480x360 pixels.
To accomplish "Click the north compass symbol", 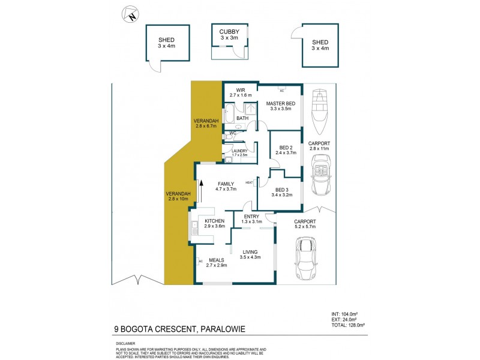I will (130, 14).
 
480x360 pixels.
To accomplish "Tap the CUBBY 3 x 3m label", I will (229, 34).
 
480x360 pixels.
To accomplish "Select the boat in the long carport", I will (321, 113).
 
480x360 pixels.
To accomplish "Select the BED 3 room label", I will (281, 191).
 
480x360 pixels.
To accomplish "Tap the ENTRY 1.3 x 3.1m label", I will (252, 219).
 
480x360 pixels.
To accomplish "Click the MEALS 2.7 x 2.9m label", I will (216, 262).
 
